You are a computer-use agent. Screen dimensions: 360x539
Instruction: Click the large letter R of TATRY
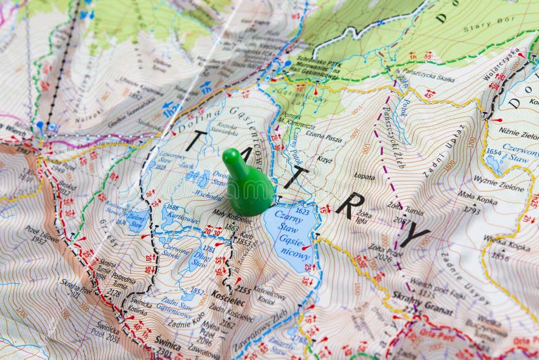pos(350,205)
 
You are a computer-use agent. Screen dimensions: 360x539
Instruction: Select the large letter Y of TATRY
pos(414,235)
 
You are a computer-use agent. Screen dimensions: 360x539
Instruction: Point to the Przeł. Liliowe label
pos(42,234)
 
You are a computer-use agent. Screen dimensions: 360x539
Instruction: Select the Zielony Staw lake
pos(137,218)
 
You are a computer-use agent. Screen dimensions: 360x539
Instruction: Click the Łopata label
pos(364,177)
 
